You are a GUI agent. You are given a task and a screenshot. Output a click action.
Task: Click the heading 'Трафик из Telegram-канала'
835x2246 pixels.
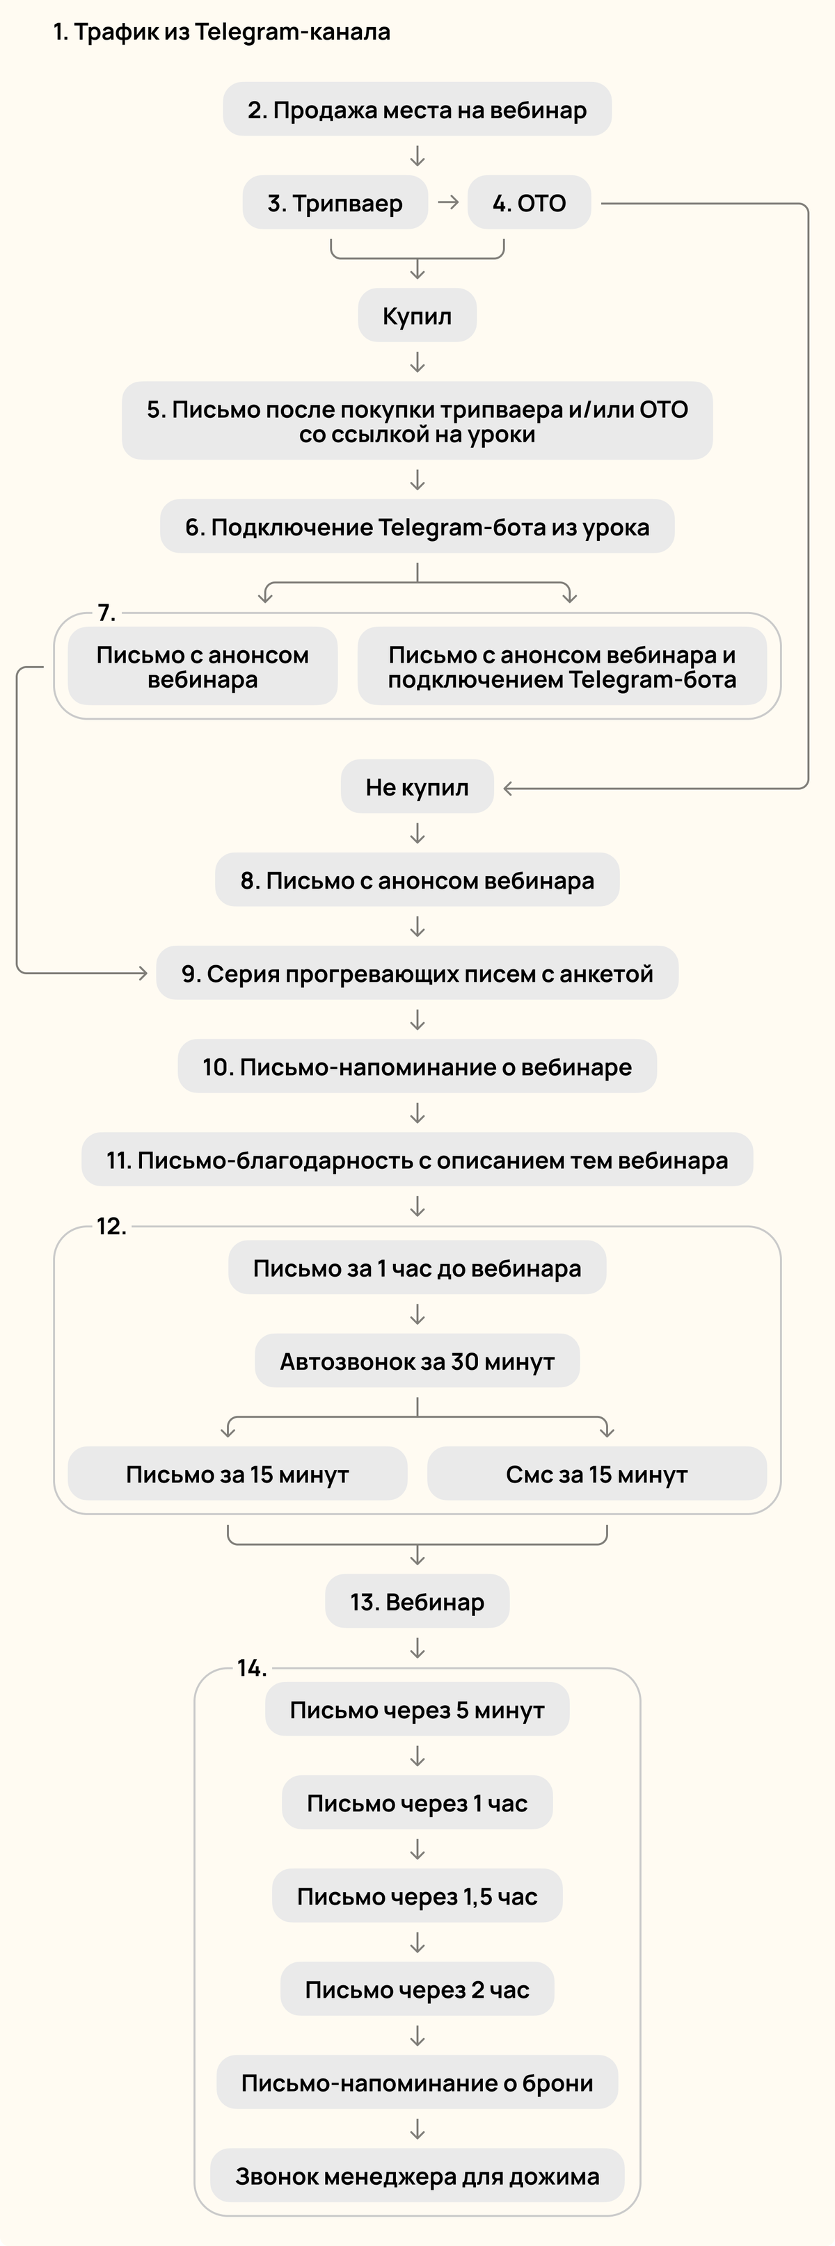pos(221,32)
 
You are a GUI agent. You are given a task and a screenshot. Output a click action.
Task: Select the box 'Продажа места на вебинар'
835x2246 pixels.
pos(417,110)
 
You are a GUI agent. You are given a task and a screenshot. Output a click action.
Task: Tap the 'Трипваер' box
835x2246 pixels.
pos(335,203)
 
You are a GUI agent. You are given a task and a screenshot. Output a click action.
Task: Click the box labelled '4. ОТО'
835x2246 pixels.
pos(530,203)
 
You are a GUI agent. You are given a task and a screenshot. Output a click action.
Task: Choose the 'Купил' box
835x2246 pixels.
pos(417,316)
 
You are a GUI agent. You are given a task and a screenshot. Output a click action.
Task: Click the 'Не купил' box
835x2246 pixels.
pos(417,787)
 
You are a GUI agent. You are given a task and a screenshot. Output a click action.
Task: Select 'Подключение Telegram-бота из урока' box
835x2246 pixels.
pos(417,526)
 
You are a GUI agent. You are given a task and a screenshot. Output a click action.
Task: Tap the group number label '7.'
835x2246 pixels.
pos(106,613)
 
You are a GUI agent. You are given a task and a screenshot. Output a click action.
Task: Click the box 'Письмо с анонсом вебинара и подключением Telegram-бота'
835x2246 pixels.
pos(562,667)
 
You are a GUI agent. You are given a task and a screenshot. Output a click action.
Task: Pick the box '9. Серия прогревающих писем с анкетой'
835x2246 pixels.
pos(417,973)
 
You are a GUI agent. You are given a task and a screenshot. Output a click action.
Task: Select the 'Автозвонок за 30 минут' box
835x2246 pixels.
pos(417,1361)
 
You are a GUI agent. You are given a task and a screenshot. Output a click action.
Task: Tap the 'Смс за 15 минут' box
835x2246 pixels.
pos(597,1474)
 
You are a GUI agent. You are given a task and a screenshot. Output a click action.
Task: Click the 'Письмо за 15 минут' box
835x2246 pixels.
pos(237,1474)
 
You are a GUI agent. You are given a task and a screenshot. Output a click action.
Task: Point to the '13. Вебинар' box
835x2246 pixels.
pos(417,1601)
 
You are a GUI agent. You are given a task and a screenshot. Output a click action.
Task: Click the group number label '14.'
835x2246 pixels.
pos(251,1669)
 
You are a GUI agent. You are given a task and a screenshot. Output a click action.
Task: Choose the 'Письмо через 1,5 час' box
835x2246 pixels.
pos(417,1896)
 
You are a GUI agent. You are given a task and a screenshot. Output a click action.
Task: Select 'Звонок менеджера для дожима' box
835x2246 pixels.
pos(417,2176)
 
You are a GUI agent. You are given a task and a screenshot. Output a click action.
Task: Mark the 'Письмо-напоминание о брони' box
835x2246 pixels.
pos(417,2083)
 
